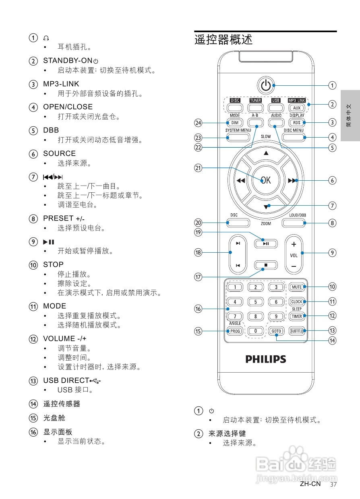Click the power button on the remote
(265, 85)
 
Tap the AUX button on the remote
(297, 108)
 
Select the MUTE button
(297, 287)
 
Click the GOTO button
(276, 331)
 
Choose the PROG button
(235, 331)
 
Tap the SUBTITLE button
(297, 331)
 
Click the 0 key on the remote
(255, 331)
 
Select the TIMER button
(297, 316)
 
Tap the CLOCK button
(297, 302)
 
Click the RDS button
(297, 123)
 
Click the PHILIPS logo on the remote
(266, 359)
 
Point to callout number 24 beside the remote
(198, 123)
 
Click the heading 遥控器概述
(223, 40)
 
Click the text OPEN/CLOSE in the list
(68, 107)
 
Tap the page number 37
(333, 484)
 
